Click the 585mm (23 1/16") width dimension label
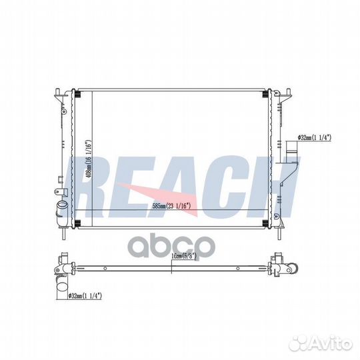click(172, 206)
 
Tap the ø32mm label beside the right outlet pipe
click(314, 137)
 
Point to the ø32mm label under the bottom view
click(85, 296)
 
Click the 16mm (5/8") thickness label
click(184, 256)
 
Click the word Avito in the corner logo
click(330, 345)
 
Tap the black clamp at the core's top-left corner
click(77, 94)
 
